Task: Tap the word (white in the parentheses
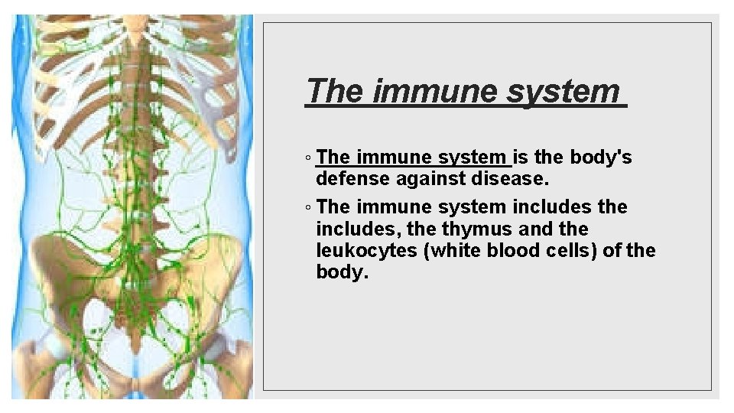point(450,251)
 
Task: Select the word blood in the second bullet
point(510,251)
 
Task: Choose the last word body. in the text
point(342,273)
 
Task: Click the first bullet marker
point(307,159)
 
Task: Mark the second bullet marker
point(307,208)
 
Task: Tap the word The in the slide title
point(336,91)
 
